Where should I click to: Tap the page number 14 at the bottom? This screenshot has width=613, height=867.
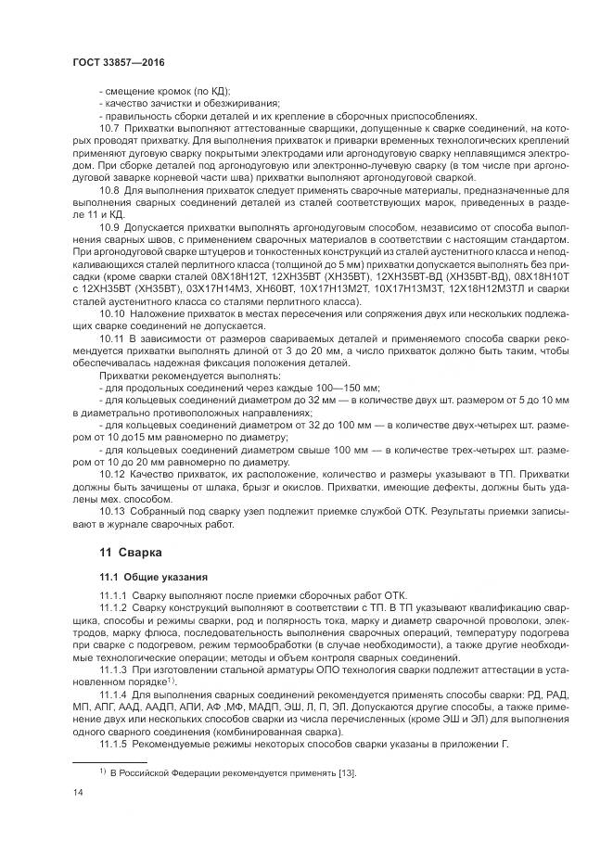pyautogui.click(x=78, y=790)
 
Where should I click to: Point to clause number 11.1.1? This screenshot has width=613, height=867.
pyautogui.click(x=114, y=593)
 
